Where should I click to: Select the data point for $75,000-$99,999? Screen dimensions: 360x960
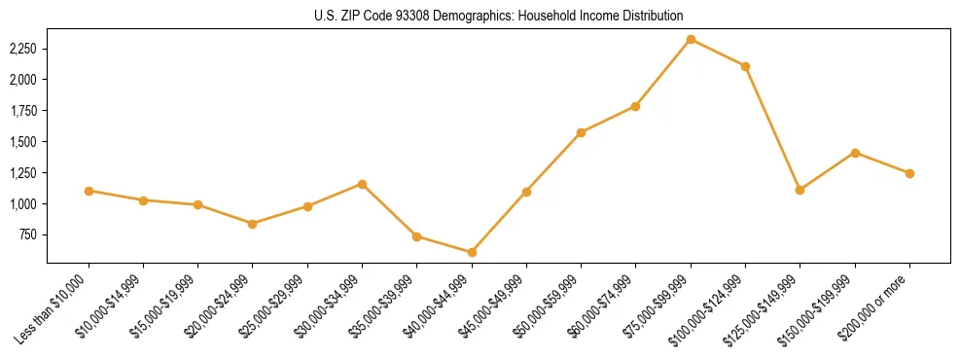691,39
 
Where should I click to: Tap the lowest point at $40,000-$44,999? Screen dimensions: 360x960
472,252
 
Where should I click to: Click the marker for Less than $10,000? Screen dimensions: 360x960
89,191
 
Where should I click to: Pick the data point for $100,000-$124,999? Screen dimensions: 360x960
745,66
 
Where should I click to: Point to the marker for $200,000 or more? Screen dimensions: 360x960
909,173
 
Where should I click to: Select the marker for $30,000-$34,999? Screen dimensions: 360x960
362,184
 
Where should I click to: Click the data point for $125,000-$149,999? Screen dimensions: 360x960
800,190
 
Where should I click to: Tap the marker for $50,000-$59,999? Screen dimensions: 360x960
581,132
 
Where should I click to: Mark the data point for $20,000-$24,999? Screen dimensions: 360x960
253,224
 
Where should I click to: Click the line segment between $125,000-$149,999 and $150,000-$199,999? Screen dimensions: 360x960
827,171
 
